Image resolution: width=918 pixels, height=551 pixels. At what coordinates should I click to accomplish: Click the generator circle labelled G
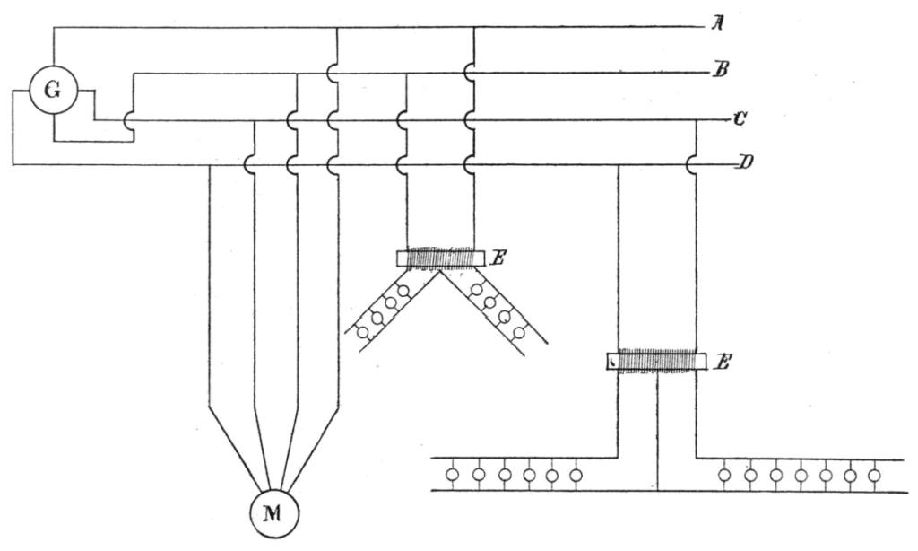tap(53, 93)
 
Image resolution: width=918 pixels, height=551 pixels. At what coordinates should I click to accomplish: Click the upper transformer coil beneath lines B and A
tap(439, 258)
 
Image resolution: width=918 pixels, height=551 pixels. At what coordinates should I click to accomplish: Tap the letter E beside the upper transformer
tap(498, 258)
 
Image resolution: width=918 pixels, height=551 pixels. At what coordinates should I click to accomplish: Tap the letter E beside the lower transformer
tap(727, 362)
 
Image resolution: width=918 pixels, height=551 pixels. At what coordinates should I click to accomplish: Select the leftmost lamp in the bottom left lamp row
tap(454, 473)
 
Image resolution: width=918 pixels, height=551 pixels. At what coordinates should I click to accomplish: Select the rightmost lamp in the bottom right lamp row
tap(874, 473)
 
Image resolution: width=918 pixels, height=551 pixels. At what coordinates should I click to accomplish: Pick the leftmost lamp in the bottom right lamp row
tap(726, 473)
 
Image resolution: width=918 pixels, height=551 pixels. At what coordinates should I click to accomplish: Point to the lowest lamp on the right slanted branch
tap(518, 331)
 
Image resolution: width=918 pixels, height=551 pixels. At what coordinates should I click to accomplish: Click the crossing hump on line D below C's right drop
tap(691, 165)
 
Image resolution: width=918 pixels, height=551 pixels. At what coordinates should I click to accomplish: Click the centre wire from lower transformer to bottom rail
tap(658, 431)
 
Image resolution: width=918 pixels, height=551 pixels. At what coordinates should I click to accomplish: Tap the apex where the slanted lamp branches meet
tap(439, 272)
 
